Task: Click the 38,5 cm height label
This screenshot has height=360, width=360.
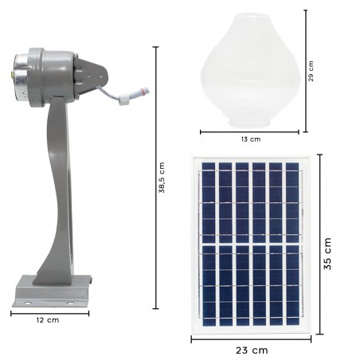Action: [163, 180]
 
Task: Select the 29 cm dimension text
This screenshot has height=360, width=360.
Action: [311, 71]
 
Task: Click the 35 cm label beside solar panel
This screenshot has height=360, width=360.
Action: [327, 253]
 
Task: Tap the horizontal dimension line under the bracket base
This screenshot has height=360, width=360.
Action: [49, 313]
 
